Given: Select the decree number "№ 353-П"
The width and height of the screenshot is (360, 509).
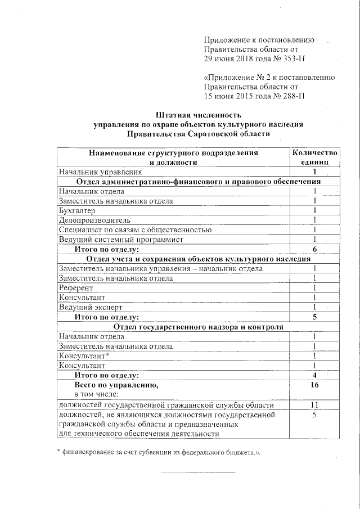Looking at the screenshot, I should [x=287, y=58].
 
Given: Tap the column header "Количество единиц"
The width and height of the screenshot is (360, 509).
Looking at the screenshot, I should [x=315, y=157].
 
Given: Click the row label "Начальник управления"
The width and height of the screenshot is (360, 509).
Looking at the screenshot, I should [x=99, y=172].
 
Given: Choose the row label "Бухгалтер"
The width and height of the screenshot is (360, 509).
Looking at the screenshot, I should [x=77, y=210].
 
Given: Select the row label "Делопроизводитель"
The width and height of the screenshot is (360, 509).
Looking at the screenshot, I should [x=94, y=220].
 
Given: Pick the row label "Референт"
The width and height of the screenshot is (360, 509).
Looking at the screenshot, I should [x=76, y=287].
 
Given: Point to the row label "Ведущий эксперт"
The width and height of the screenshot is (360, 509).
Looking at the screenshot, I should [x=91, y=307].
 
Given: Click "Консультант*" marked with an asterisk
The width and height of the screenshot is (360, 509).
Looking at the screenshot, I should [x=84, y=356].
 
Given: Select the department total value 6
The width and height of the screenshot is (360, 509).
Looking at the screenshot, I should [x=315, y=249].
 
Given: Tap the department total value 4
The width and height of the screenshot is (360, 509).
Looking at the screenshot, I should [x=315, y=375].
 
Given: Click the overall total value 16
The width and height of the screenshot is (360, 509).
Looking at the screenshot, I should [x=315, y=385].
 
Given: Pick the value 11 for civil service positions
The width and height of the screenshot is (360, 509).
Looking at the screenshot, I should [x=315, y=405].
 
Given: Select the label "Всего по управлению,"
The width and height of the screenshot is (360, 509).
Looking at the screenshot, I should [x=116, y=385].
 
